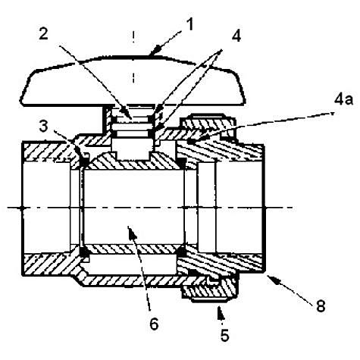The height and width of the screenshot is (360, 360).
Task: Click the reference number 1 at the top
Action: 189,24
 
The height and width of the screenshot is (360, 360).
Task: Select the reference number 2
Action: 43,33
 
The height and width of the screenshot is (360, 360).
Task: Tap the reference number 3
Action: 43,126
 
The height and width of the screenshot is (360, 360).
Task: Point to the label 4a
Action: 343,99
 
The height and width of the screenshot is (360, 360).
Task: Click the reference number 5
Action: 224,335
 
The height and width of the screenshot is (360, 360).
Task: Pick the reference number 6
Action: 154,324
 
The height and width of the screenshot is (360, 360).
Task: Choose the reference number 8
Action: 321,306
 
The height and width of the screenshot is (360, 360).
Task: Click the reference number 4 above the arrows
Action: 236,36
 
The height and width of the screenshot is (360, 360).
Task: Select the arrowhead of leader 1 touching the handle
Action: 154,51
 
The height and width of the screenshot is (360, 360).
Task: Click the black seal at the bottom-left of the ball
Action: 84,252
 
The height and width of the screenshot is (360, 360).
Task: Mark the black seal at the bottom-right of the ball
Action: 181,252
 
